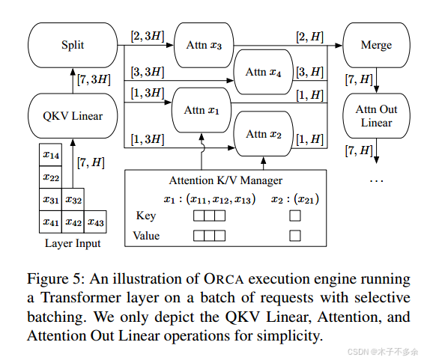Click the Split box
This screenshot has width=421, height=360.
[73, 45]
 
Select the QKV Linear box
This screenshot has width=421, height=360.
[73, 115]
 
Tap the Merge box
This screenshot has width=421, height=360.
[375, 45]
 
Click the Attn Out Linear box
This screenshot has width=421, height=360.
[375, 116]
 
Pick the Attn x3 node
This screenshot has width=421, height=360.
[203, 45]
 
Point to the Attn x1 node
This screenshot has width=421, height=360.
[203, 110]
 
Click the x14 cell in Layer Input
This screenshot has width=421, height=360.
[51, 155]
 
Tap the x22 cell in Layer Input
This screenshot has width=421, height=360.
[51, 177]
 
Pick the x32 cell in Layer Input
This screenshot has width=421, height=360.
[73, 200]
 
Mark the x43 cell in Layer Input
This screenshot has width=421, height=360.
[96, 222]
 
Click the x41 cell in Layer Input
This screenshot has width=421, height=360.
[51, 222]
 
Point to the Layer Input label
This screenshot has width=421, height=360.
[73, 243]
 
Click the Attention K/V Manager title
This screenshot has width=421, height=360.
[224, 180]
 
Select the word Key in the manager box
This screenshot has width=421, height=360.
[146, 216]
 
